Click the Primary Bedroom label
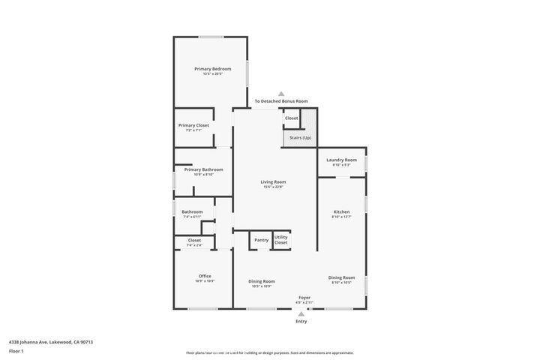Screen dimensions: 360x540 [x=211, y=69]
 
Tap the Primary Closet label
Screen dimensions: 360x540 [x=193, y=125]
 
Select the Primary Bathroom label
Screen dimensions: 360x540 [x=203, y=169]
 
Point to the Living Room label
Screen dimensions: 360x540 [x=273, y=182]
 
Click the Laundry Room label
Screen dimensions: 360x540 [x=341, y=160]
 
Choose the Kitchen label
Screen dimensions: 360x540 [x=341, y=212]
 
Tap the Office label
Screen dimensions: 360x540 [x=205, y=276]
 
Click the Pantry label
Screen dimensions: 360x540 [x=261, y=240]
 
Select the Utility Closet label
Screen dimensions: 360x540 [x=280, y=239]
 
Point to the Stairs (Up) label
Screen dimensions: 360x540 [x=296, y=137]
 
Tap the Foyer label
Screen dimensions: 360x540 [x=304, y=298]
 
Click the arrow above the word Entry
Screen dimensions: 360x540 [x=301, y=313]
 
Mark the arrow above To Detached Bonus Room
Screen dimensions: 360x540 [x=280, y=92]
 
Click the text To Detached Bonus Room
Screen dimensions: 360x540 [x=280, y=101]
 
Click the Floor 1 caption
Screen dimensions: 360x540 [x=16, y=351]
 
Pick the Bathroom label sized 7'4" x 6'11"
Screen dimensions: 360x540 [x=192, y=212]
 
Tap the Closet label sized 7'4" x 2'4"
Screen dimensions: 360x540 [x=193, y=241]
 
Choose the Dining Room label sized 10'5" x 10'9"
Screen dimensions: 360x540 [x=262, y=281]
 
